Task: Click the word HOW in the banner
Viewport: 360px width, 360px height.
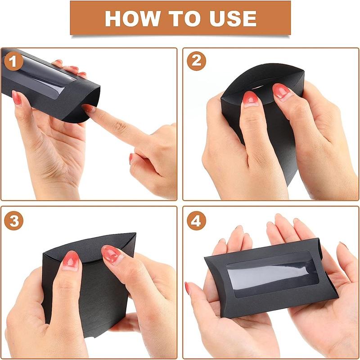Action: coord(132,18)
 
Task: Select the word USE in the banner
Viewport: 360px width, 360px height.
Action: coord(233,18)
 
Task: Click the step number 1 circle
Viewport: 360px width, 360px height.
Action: coord(13,61)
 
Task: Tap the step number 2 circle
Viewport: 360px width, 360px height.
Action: coord(196,61)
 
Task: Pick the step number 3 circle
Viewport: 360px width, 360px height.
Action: coord(13,220)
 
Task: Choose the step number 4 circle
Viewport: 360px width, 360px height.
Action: coord(196,220)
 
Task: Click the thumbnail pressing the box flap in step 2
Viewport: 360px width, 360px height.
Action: coord(251,99)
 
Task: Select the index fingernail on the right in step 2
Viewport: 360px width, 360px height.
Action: coord(282,91)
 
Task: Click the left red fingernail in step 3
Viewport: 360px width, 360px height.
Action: coord(71,261)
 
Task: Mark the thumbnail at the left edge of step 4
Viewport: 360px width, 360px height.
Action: coord(187,288)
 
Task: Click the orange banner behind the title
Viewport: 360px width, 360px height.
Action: coord(180,18)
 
